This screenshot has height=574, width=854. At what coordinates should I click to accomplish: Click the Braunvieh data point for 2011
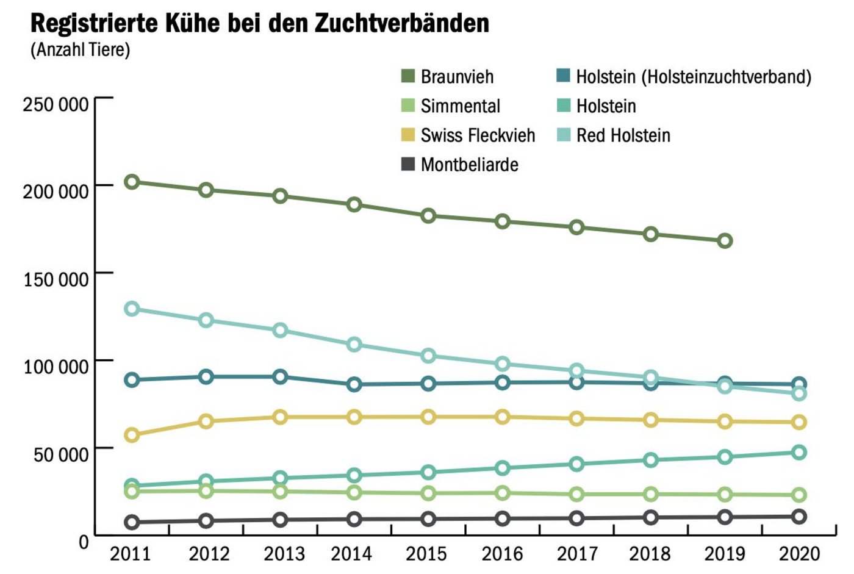pos(132,182)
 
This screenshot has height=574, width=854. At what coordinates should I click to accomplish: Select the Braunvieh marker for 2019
pos(725,241)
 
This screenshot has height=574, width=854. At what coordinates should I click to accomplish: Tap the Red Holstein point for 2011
pos(132,309)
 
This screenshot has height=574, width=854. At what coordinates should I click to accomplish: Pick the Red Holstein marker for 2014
pos(354,345)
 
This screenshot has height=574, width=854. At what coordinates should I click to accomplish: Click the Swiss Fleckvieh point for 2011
pos(132,435)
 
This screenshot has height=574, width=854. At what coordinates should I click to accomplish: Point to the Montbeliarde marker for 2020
pos(799,517)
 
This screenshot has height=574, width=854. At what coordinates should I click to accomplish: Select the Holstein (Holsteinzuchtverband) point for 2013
pos(281,377)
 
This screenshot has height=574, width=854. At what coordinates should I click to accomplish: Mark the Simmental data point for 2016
pos(503,493)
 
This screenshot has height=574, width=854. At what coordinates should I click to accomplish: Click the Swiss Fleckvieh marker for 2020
pos(799,422)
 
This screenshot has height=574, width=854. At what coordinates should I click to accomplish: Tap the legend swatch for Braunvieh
pos(407,76)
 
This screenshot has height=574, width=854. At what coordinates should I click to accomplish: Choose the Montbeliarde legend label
pos(469,165)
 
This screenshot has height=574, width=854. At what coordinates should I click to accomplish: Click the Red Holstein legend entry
pos(623,135)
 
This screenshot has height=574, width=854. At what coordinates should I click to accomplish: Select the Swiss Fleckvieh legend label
pos(478,135)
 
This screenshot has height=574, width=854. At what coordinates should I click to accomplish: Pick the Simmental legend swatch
pos(407,106)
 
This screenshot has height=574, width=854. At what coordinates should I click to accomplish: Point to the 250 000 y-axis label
pos(56,104)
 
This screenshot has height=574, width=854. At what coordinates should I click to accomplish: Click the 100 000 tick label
pos(56,367)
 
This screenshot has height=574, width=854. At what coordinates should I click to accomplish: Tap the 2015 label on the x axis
pos(427,554)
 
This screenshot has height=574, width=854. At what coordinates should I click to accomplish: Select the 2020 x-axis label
pos(799,554)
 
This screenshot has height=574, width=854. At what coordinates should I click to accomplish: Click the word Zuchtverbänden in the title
pos(402,23)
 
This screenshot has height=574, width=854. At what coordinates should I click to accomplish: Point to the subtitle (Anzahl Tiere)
pos(81,49)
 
